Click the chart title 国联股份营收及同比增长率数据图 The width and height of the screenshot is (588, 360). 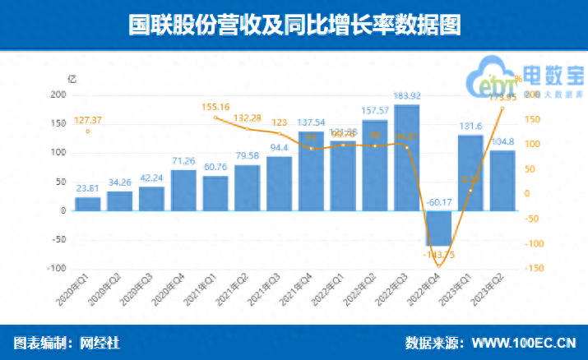pos(294,25)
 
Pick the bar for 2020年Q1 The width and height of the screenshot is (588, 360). pos(88,204)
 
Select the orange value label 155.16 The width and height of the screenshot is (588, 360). pos(215,106)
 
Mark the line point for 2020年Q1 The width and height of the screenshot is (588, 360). pos(88,131)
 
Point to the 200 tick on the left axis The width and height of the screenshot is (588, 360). pos(58,95)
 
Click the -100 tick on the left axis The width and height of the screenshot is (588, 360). pos(57,268)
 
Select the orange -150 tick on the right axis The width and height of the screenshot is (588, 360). pos(535,268)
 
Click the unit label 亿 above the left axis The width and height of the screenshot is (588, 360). pos(72,80)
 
